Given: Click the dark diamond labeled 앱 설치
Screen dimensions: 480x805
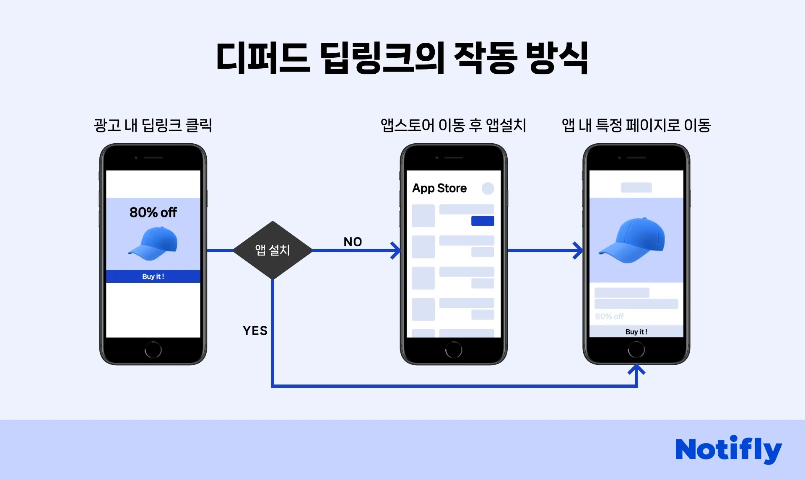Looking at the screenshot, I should coord(273,250).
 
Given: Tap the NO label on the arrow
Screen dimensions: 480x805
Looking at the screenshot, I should coord(353,242).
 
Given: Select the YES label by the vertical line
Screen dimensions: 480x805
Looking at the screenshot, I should coord(255,330).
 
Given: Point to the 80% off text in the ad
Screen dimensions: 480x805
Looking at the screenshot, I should coord(153,212).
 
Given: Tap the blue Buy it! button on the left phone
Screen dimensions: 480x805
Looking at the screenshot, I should coord(153,276).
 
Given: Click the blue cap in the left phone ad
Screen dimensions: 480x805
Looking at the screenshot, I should coord(153,243).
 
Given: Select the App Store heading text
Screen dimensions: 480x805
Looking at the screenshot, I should coord(439,188).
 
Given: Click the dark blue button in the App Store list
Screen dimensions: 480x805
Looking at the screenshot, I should coord(483,221).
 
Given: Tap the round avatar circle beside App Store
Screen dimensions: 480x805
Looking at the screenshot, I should coord(488,188).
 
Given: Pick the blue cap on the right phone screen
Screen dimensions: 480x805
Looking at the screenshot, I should coord(633,240).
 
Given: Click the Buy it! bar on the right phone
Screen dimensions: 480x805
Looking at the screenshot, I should coord(636,332).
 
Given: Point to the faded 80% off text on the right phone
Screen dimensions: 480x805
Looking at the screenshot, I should coord(609,316).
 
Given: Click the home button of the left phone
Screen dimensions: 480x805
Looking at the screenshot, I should coord(153,350).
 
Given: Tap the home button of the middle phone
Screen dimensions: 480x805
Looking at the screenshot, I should coord(454,350).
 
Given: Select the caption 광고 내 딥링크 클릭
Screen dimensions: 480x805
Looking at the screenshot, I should coord(153,125).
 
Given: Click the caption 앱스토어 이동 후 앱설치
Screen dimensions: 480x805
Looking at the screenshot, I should coord(453,125).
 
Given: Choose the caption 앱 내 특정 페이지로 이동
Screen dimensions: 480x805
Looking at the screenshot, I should coord(636,125).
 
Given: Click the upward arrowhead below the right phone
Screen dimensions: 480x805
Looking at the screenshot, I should coord(636,370).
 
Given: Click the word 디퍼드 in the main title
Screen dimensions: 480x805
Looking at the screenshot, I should coord(263,58).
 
